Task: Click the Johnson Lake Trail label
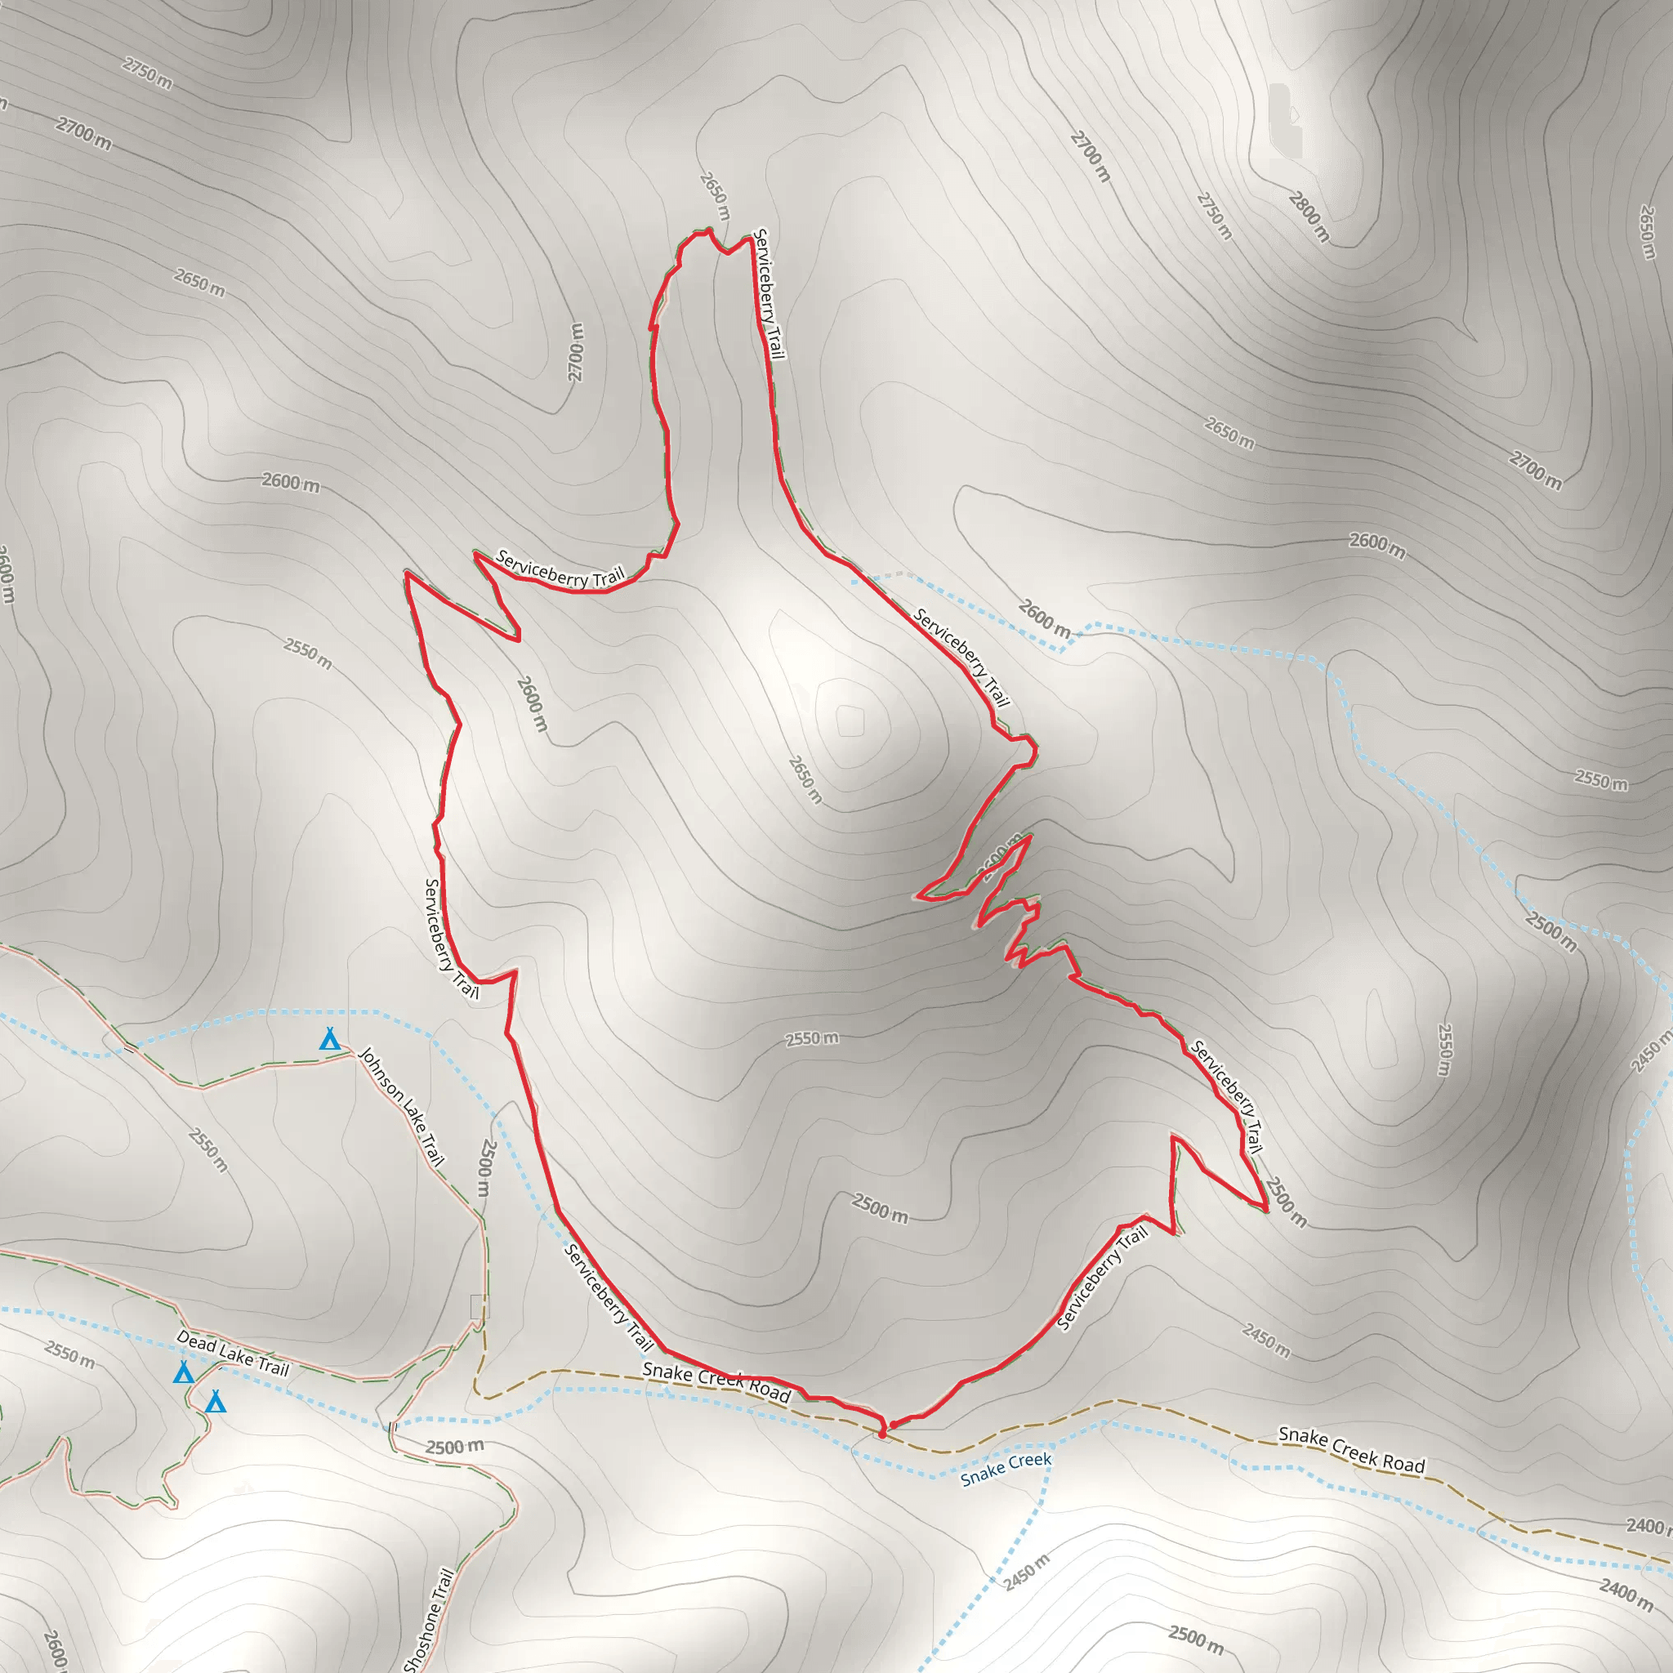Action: pyautogui.click(x=401, y=1107)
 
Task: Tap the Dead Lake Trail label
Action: pyautogui.click(x=232, y=1354)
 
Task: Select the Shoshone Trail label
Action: pyautogui.click(x=430, y=1620)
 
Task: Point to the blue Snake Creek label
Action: pyautogui.click(x=1006, y=1470)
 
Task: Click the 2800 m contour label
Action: pyautogui.click(x=1309, y=216)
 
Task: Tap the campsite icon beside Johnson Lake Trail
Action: pyautogui.click(x=329, y=1039)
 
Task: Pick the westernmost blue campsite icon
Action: pyautogui.click(x=183, y=1372)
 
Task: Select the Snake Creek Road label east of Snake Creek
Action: pyautogui.click(x=1351, y=1450)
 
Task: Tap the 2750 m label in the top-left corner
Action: pyautogui.click(x=147, y=73)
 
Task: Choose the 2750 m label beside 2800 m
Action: pyautogui.click(x=1214, y=216)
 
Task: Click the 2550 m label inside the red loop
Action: pyautogui.click(x=811, y=1038)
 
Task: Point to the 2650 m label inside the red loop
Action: pyautogui.click(x=805, y=779)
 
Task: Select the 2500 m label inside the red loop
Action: pyautogui.click(x=880, y=1208)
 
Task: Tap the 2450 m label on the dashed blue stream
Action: pyautogui.click(x=1027, y=1573)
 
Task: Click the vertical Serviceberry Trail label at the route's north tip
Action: pyautogui.click(x=769, y=293)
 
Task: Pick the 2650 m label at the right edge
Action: pyautogui.click(x=1647, y=232)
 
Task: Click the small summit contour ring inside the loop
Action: pyautogui.click(x=850, y=721)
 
